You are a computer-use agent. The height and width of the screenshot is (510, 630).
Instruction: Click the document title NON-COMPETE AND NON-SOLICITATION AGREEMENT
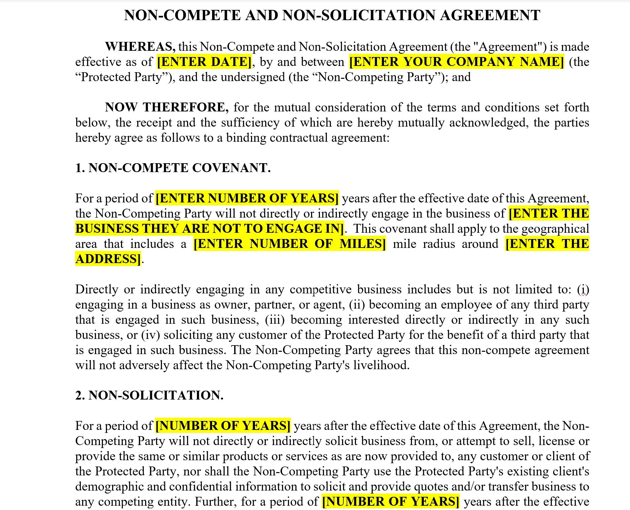coord(332,15)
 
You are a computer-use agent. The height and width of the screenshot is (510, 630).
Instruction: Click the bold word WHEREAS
coord(140,46)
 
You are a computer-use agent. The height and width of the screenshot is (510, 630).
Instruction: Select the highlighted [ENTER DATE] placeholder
coord(204,62)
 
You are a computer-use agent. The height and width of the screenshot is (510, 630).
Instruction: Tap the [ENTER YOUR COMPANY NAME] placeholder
coord(456,62)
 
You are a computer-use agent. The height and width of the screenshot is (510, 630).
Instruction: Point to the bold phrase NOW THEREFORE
coord(167,107)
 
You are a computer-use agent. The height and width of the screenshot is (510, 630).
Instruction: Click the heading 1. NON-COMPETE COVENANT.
coord(173,168)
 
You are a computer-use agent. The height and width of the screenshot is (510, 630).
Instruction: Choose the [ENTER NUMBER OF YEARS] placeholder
coord(247,198)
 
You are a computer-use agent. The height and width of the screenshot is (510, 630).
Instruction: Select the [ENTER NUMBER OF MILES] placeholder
coord(289,244)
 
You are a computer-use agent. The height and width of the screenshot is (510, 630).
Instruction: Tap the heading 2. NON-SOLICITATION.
coord(149,395)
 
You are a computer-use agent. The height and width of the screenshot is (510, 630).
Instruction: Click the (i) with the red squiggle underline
coord(583,289)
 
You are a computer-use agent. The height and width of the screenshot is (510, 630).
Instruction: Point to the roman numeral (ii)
coord(357,305)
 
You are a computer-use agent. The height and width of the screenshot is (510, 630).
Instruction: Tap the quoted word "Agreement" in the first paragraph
coord(508,46)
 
